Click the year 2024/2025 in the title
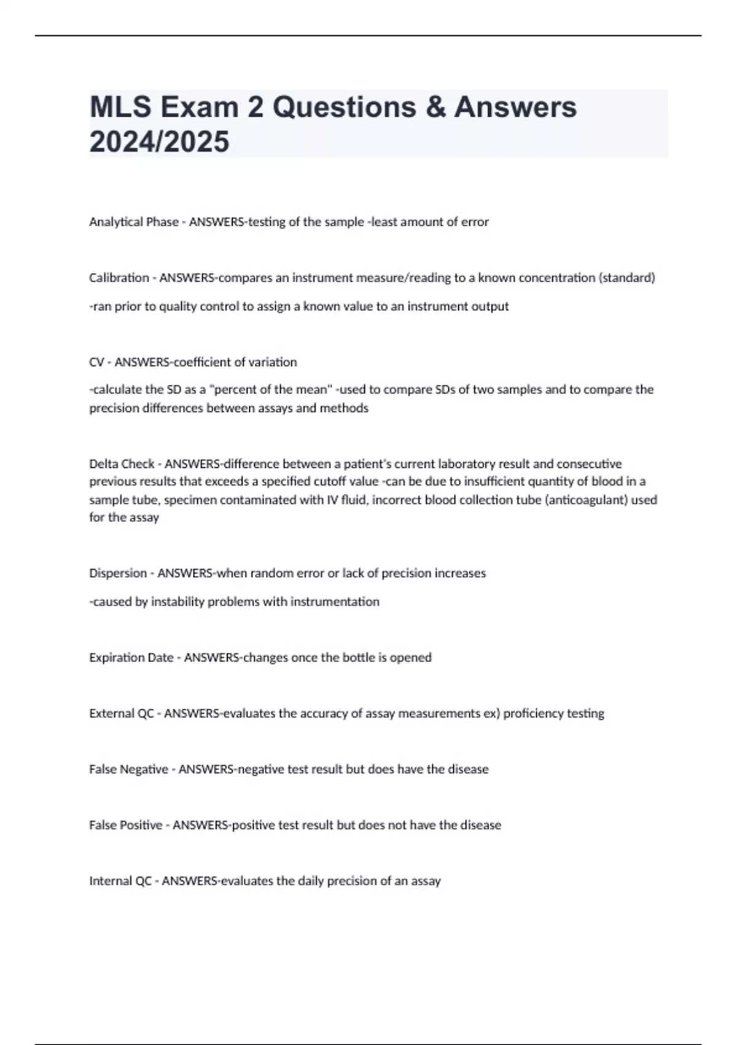pos(159,141)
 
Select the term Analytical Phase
pos(134,222)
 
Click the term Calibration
pos(119,278)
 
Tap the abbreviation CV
pos(96,362)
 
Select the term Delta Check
pos(122,463)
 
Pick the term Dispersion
pos(118,573)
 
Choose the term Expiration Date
pos(131,657)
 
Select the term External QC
pos(121,713)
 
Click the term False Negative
pos(128,769)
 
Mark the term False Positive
pos(126,825)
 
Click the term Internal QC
pos(120,881)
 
